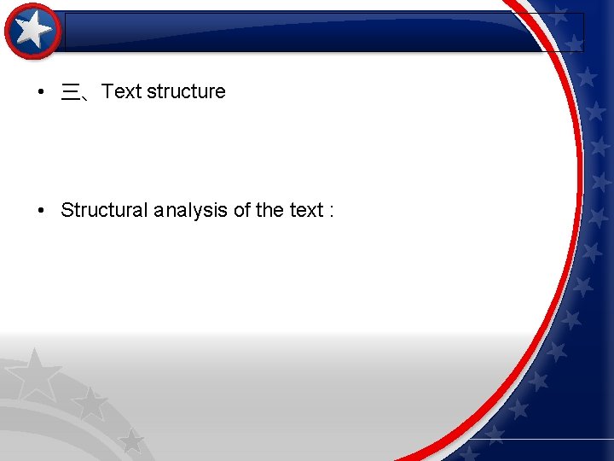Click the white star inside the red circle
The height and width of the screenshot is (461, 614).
tap(33, 32)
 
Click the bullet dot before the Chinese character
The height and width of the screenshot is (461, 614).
tap(41, 92)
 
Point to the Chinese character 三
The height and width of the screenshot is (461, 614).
tap(70, 92)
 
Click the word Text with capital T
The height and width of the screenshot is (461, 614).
tap(121, 91)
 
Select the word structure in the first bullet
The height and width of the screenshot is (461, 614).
tap(186, 91)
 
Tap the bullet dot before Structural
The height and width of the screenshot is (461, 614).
tap(41, 210)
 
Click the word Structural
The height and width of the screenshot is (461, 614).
tap(104, 210)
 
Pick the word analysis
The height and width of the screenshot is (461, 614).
tap(192, 211)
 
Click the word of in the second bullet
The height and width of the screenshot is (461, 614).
tap(243, 210)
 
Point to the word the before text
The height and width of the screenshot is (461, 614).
tap(270, 210)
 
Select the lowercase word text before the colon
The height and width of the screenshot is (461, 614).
tap(306, 211)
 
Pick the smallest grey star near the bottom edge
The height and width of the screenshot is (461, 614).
tap(130, 441)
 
